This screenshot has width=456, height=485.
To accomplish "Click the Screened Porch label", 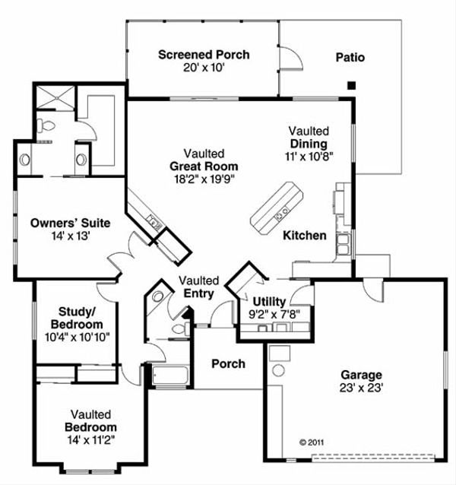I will [x=204, y=55].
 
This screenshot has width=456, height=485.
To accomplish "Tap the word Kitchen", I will [x=305, y=236].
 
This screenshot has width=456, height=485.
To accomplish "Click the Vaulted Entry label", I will [x=199, y=287].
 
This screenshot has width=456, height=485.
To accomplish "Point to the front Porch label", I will [x=228, y=363].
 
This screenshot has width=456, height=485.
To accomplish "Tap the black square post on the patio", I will [x=350, y=85].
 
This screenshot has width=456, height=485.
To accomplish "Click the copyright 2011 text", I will [x=312, y=441].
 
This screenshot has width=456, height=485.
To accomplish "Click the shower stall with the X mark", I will [x=55, y=96].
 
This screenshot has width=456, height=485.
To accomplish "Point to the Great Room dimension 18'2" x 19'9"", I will [x=203, y=179].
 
